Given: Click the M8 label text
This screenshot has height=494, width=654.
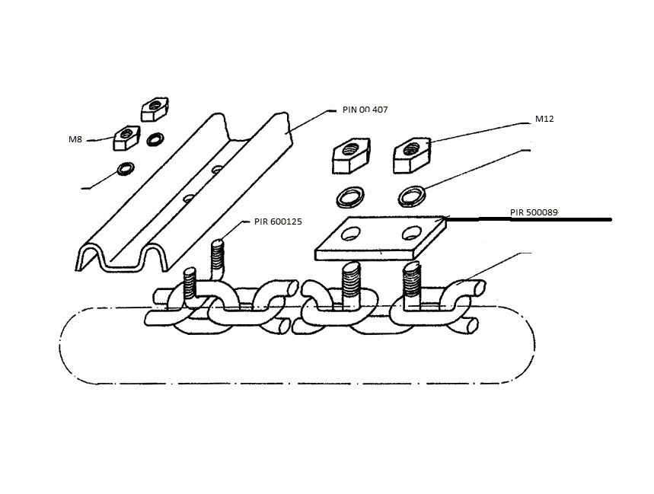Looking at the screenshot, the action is point(75,139).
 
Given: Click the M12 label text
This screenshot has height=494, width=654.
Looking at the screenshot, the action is point(544,119).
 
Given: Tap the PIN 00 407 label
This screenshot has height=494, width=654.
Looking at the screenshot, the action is point(365,110).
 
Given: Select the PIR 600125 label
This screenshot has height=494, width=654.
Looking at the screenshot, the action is point(278,222).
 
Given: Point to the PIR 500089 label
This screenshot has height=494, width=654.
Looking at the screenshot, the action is point(534,212).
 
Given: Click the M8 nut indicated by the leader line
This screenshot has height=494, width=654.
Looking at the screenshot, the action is point(125,138).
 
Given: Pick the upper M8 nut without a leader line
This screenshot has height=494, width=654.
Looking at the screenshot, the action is point(155,109).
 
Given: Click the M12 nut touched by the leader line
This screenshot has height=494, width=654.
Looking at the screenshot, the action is point(413,155).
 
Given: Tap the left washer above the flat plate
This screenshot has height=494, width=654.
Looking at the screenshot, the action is point(350,196).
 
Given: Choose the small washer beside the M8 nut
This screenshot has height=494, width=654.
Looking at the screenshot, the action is point(155,139).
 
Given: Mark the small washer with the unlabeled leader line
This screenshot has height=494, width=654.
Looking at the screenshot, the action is point(126,169).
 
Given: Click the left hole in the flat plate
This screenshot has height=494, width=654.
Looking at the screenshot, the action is point(349,234).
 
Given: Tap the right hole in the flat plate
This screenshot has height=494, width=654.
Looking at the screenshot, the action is point(411,234).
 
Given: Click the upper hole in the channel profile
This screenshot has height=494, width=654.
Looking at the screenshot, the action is point(217,170).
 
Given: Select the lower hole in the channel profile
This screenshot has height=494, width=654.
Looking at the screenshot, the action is point(189,199).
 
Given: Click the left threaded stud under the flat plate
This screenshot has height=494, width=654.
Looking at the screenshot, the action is point(351,283).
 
